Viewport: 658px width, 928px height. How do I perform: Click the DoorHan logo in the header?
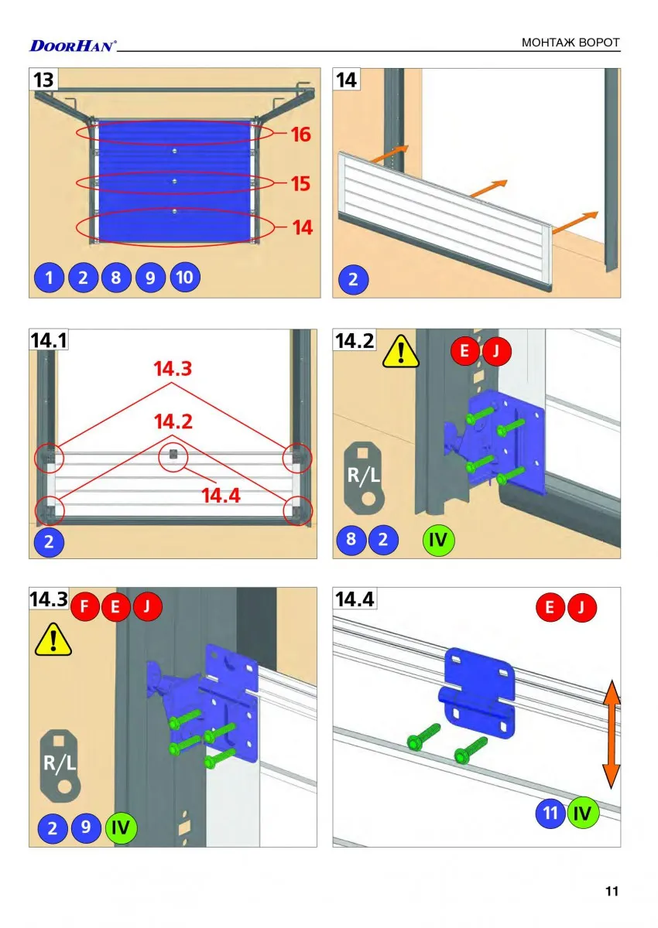click(73, 46)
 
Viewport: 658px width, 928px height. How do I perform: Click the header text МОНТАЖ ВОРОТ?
click(571, 43)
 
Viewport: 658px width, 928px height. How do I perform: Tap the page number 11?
click(612, 891)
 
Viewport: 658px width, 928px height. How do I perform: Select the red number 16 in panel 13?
click(300, 135)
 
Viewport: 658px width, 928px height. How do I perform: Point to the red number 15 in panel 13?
click(300, 183)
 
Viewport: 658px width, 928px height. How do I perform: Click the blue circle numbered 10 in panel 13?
click(185, 277)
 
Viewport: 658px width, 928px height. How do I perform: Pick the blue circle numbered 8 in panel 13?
click(116, 277)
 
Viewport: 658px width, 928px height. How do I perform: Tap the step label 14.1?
click(49, 340)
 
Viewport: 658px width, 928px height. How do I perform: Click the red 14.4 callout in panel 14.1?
click(221, 496)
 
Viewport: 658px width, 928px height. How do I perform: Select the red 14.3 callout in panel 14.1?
click(173, 368)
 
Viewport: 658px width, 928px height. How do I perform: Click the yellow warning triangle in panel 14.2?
click(400, 352)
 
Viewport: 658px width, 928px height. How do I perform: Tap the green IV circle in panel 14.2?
click(438, 540)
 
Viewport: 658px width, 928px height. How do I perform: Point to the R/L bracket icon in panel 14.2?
click(364, 478)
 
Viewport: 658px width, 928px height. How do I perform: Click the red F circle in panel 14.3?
click(84, 606)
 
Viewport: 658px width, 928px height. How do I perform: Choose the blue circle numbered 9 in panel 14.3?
click(86, 827)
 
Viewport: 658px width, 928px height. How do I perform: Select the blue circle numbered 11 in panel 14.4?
click(550, 813)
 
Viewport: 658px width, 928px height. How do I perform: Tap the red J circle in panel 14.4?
click(581, 607)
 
